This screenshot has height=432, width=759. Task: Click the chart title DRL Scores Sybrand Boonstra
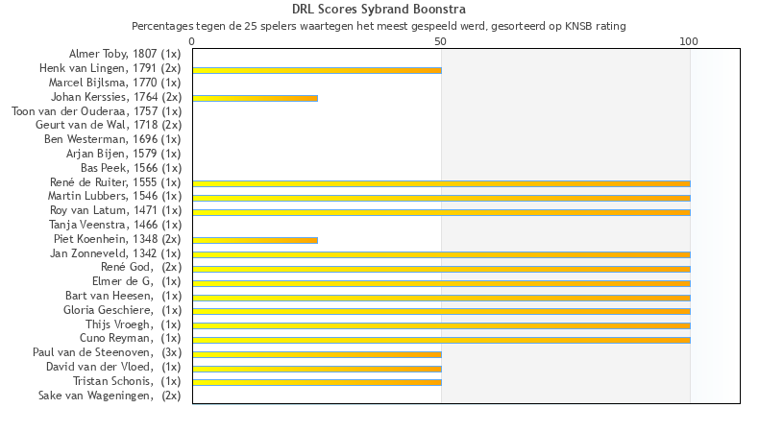pos(379,10)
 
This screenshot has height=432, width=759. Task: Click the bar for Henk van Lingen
pos(317,70)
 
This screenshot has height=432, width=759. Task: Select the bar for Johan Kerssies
pos(255,98)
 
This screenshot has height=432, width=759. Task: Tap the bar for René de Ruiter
pos(441,183)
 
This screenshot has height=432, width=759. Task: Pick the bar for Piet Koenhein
pos(255,240)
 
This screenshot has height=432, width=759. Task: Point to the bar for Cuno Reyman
pos(441,340)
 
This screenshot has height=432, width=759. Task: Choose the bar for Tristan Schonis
pos(317,382)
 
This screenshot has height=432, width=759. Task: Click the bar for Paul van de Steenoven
pos(317,354)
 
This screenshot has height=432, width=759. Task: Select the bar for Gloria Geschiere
pos(441,311)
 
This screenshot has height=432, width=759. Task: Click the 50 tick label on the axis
pos(441,42)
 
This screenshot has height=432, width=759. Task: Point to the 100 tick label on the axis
pos(689,42)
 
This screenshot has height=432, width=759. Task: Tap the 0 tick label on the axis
pos(192,42)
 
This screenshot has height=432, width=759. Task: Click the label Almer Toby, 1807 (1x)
pos(124,54)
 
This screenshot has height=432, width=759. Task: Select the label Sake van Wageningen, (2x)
pos(109,396)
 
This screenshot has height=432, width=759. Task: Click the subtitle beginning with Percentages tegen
pos(379,26)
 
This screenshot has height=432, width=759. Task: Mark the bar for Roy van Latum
pos(441,212)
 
